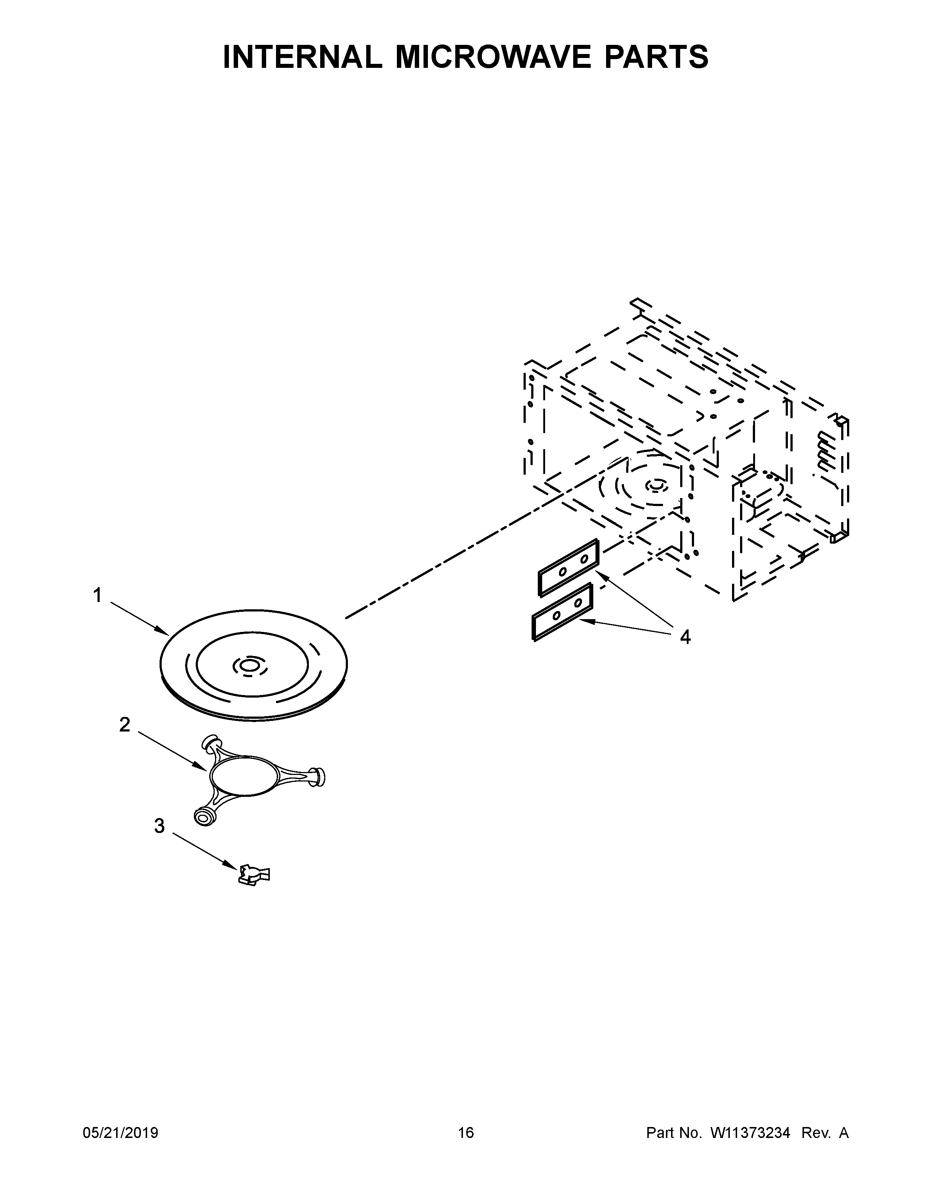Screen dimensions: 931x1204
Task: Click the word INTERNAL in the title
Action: click(x=302, y=57)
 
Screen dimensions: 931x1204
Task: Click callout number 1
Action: click(x=97, y=595)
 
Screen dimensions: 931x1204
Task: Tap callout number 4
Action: click(x=685, y=637)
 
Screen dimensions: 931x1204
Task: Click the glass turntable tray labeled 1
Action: click(x=254, y=665)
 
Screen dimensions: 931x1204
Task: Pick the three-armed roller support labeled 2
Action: click(x=259, y=779)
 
